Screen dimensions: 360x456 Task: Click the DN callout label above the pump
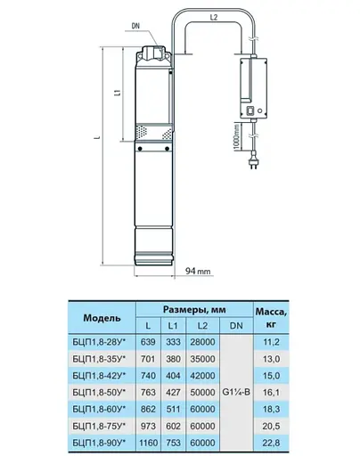(135, 26)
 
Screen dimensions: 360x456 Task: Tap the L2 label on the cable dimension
(214, 18)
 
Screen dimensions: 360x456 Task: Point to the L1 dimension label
(119, 93)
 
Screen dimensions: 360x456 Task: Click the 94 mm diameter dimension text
(198, 271)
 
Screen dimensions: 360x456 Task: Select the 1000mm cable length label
(236, 137)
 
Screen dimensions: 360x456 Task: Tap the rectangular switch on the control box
(250, 110)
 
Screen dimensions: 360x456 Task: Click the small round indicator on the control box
(260, 110)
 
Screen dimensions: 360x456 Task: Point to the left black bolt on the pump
(140, 149)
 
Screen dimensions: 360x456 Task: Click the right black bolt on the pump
(167, 149)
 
